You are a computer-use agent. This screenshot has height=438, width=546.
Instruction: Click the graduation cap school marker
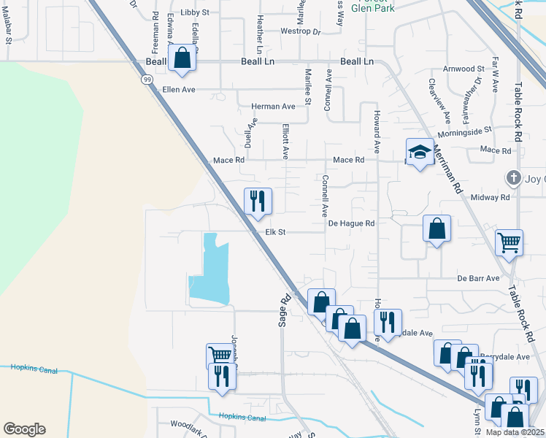coord(420,152)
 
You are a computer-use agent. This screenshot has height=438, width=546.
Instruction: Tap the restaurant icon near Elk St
coord(257,201)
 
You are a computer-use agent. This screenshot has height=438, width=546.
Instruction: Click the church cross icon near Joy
coord(514,177)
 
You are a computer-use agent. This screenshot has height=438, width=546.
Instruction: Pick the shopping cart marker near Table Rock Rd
coord(509,242)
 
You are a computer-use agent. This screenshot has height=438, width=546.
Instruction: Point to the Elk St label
coord(274,232)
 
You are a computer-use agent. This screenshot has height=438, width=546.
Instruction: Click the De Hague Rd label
coord(351,223)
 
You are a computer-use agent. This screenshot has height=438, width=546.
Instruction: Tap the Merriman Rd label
coord(447,167)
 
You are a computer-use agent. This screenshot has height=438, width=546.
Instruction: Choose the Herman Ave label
coord(273,107)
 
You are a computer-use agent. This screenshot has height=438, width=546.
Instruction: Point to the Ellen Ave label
coord(180,90)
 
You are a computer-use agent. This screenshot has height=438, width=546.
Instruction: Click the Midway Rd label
coord(490,198)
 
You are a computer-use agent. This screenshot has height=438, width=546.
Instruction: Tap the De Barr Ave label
coord(478,278)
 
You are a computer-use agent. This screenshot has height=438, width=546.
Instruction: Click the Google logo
coord(24,429)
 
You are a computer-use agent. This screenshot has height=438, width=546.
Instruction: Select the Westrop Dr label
coord(301,32)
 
